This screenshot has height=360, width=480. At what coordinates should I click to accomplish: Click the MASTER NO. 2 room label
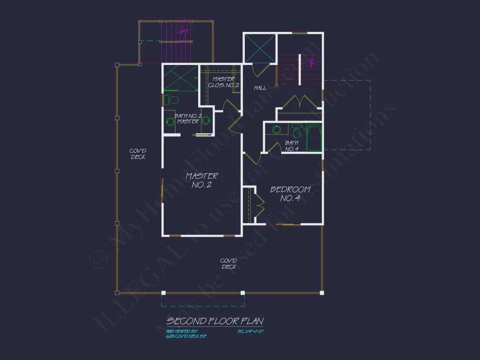pyautogui.click(x=202, y=180)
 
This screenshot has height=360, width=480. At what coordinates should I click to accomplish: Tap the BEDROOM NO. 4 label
pyautogui.click(x=290, y=193)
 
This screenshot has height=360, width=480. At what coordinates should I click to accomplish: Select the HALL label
pyautogui.click(x=260, y=88)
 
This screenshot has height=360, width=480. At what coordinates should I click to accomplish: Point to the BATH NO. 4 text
pyautogui.click(x=291, y=146)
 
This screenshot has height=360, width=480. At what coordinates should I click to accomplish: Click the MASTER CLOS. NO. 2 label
pyautogui.click(x=223, y=82)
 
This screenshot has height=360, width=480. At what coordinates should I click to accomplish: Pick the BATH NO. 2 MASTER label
pyautogui.click(x=188, y=119)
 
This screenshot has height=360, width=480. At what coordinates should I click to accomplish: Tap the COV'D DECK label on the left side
pyautogui.click(x=138, y=154)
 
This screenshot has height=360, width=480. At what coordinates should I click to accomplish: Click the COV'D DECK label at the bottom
pyautogui.click(x=228, y=264)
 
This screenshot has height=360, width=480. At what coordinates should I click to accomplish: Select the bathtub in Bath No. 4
pyautogui.click(x=314, y=137)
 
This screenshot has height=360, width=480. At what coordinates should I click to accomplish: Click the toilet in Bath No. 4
pyautogui.click(x=297, y=131)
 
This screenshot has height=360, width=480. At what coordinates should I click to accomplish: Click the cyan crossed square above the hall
pyautogui.click(x=260, y=48)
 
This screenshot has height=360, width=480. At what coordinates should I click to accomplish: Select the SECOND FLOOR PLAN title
pyautogui.click(x=215, y=322)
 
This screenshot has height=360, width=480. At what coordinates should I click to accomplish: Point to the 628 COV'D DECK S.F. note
pyautogui.click(x=187, y=336)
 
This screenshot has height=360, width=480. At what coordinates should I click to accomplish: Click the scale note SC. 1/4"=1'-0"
pyautogui.click(x=251, y=332)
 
